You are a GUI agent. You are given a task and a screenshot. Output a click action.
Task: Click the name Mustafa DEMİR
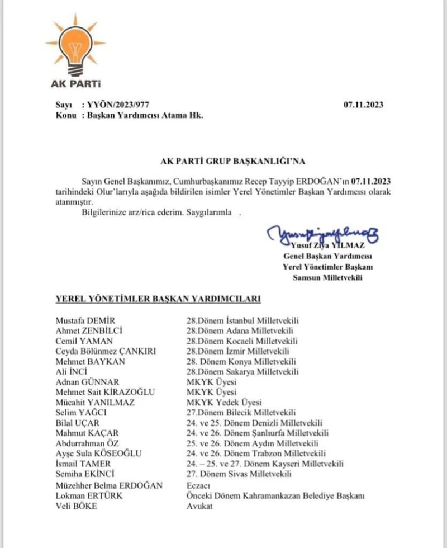(84, 320)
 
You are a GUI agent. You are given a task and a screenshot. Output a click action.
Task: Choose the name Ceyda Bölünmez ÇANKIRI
(105, 351)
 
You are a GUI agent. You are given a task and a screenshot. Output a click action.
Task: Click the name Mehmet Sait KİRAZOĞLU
(105, 392)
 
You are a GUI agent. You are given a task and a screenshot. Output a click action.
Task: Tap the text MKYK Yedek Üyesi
(224, 402)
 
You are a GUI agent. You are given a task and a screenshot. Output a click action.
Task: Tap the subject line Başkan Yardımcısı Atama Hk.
(142, 116)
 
